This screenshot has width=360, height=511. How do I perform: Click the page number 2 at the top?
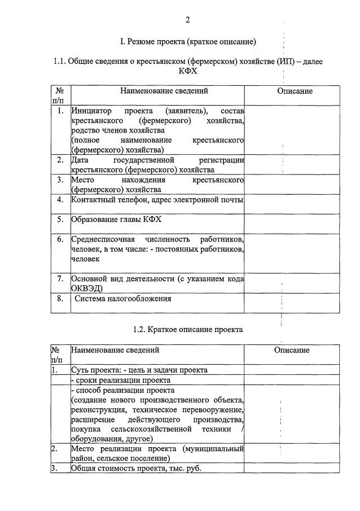188,20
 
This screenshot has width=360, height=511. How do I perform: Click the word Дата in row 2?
81,160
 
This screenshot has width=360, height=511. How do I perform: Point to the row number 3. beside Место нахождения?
60,180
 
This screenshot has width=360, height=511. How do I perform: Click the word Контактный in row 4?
93,200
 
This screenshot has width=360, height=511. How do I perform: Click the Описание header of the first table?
295,91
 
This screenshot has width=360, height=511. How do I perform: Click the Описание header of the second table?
292,350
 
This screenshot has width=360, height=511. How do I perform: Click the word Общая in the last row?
83,468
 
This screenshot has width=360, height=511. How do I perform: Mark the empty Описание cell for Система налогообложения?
292,303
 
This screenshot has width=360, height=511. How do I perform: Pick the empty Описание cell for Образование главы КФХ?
292,223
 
